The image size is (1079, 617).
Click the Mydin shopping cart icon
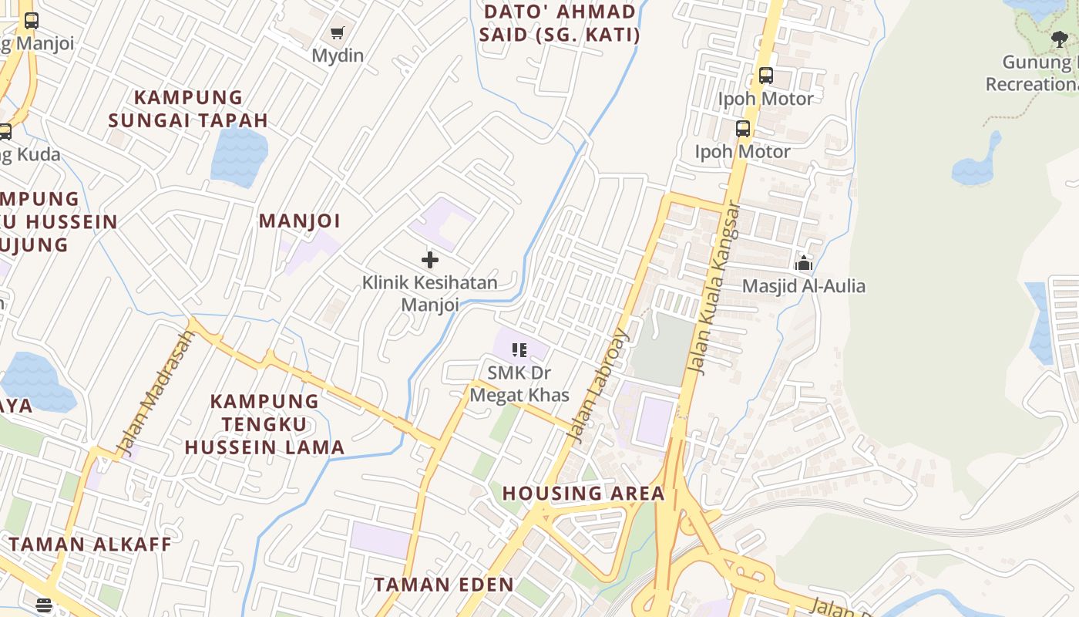[337, 32]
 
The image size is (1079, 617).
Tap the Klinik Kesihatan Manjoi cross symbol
[430, 260]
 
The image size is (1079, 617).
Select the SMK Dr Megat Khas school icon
[519, 350]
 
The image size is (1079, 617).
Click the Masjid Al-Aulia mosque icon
[804, 263]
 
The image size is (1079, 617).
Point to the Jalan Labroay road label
[598, 386]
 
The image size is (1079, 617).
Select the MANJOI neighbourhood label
[299, 221]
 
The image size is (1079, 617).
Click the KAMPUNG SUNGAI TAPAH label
[188, 109]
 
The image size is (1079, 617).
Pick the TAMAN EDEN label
[444, 585]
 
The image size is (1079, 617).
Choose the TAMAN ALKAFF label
[90, 544]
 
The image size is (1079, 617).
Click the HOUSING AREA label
[583, 494]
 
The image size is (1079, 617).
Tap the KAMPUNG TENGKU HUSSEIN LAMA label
[264, 424]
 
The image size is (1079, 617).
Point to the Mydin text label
[338, 56]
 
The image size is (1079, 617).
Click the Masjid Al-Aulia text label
[804, 286]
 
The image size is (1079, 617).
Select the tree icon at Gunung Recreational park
[1060, 39]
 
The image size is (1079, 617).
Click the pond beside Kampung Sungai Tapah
[239, 155]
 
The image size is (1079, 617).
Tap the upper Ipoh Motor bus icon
[765, 76]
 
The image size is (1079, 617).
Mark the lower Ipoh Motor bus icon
[743, 129]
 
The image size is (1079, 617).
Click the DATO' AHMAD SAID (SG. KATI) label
[560, 23]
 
